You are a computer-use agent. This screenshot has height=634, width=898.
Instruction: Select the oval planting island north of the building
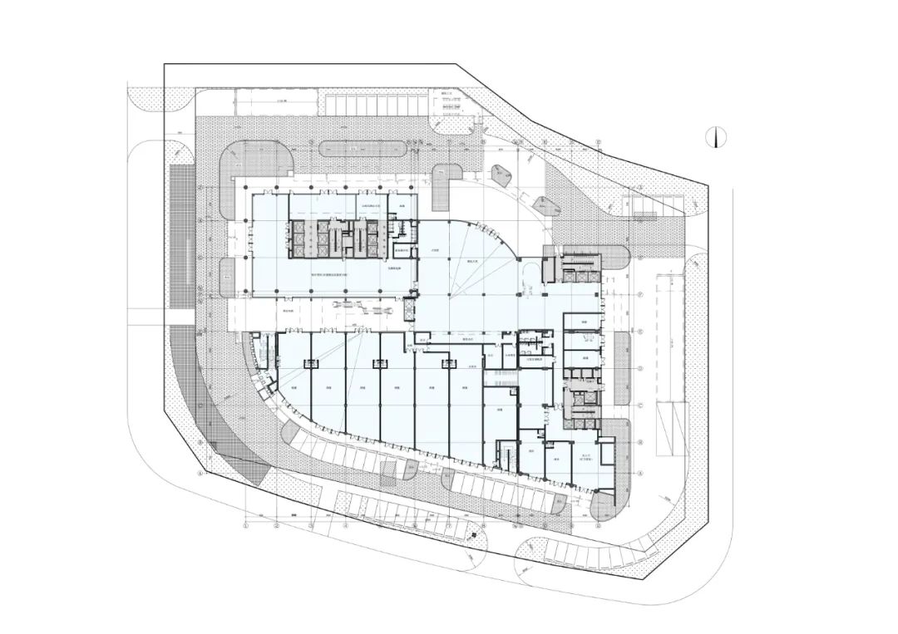point(363,148)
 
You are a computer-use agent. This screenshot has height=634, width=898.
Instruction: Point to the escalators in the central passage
point(363,309)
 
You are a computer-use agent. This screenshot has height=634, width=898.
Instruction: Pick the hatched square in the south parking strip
point(389,473)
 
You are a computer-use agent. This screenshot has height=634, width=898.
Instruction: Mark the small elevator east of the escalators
point(408,308)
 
